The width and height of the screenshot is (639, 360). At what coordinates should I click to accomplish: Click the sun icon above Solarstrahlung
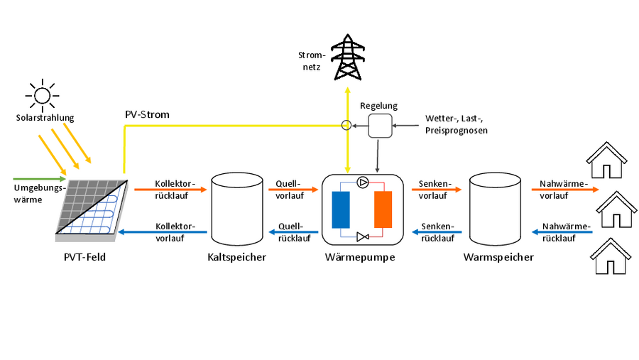pos(41,94)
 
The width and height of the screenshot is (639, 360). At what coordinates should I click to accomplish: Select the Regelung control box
pos(380,126)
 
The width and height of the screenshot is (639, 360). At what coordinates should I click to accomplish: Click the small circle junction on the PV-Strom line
pos(346,126)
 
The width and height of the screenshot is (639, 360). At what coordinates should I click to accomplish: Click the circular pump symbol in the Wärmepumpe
pos(363,182)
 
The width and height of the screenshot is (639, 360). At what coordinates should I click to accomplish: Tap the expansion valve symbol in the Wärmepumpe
pos(363,236)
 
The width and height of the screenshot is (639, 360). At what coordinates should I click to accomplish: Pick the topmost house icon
pos(606,160)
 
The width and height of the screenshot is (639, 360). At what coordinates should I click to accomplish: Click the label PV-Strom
pos(147,114)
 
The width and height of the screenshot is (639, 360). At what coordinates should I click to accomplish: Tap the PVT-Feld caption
pos(84,257)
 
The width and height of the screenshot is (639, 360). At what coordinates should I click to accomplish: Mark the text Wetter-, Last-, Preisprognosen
pos(456,124)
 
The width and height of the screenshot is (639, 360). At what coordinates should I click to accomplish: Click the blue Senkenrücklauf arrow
pos(437,231)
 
